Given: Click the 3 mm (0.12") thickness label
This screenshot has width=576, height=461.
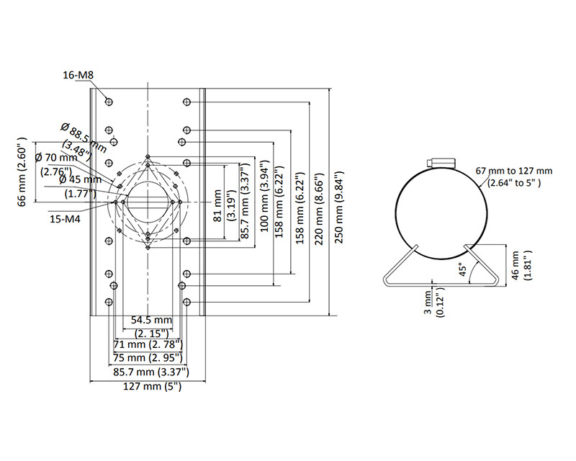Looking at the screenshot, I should (x=431, y=302).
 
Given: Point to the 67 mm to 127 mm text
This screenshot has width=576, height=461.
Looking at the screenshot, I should (x=513, y=171).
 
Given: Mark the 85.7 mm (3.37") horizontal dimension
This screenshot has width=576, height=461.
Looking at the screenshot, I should (x=150, y=372).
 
